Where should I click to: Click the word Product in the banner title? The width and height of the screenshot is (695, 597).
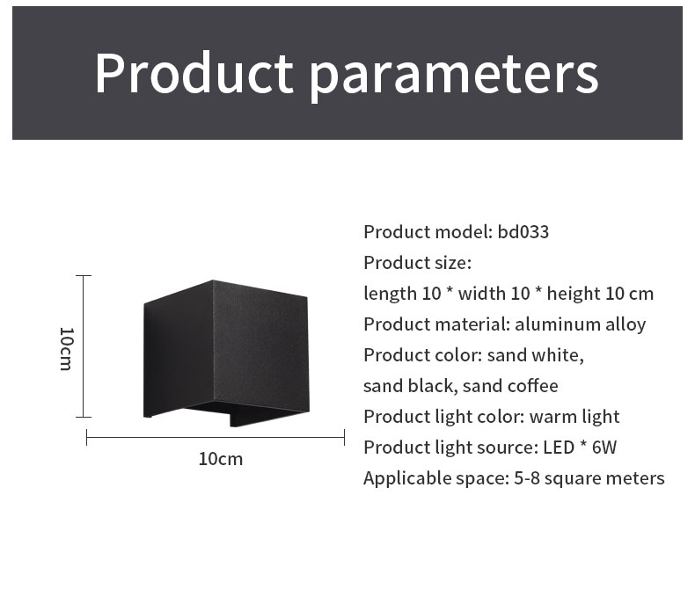194,73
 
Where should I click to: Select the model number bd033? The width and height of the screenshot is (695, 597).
523,232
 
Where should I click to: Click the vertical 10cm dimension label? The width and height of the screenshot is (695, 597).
66,348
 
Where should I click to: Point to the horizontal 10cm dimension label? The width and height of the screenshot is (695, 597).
221,459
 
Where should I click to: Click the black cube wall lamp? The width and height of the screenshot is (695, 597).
226,353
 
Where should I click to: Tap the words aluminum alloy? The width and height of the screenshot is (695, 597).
581,324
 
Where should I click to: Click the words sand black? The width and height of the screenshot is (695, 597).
408,386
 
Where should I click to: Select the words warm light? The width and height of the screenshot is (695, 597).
574,417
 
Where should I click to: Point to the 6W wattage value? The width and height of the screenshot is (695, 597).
604,448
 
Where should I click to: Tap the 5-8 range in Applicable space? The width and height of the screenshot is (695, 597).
527,478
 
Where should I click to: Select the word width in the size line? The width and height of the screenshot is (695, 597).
482,293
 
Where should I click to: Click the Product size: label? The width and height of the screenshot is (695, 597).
418,263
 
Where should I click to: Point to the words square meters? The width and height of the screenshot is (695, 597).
604,479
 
